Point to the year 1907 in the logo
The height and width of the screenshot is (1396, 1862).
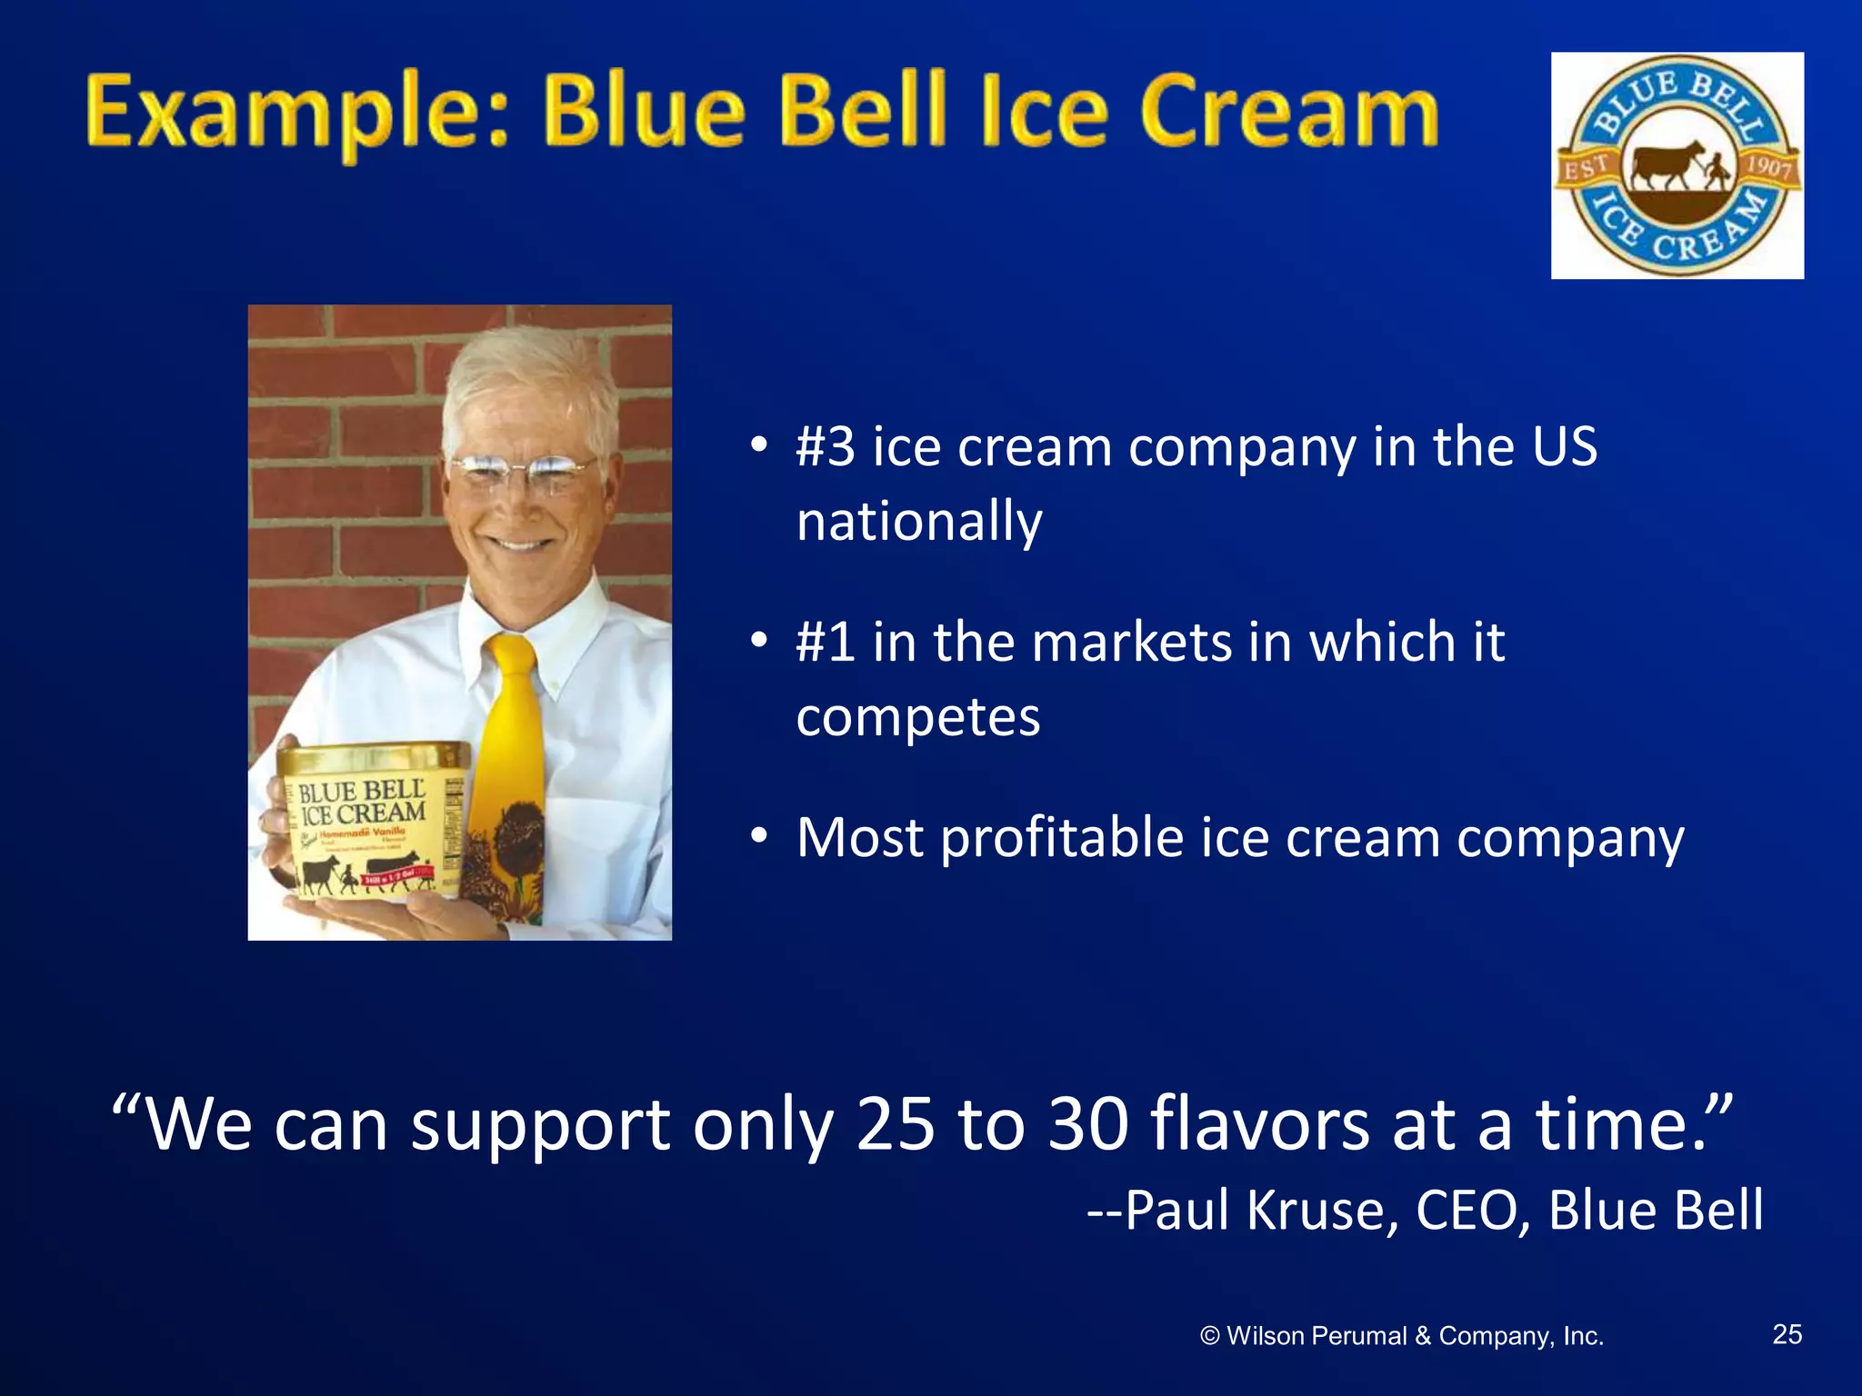pos(1767,167)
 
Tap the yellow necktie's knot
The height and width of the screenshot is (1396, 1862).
pos(512,653)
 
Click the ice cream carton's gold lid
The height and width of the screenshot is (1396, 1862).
pos(373,756)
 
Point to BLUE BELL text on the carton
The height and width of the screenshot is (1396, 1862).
pos(361,791)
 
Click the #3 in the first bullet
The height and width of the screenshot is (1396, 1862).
pos(825,447)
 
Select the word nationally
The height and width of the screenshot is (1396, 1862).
pos(918,522)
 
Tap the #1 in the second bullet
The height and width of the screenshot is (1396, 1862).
pos(825,642)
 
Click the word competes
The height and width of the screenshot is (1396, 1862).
pos(917,718)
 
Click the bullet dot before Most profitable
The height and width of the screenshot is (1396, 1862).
pos(759,834)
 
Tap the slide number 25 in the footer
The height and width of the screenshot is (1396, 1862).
pos(1787,1334)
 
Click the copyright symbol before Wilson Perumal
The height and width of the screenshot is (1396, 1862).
pos(1209,1336)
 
